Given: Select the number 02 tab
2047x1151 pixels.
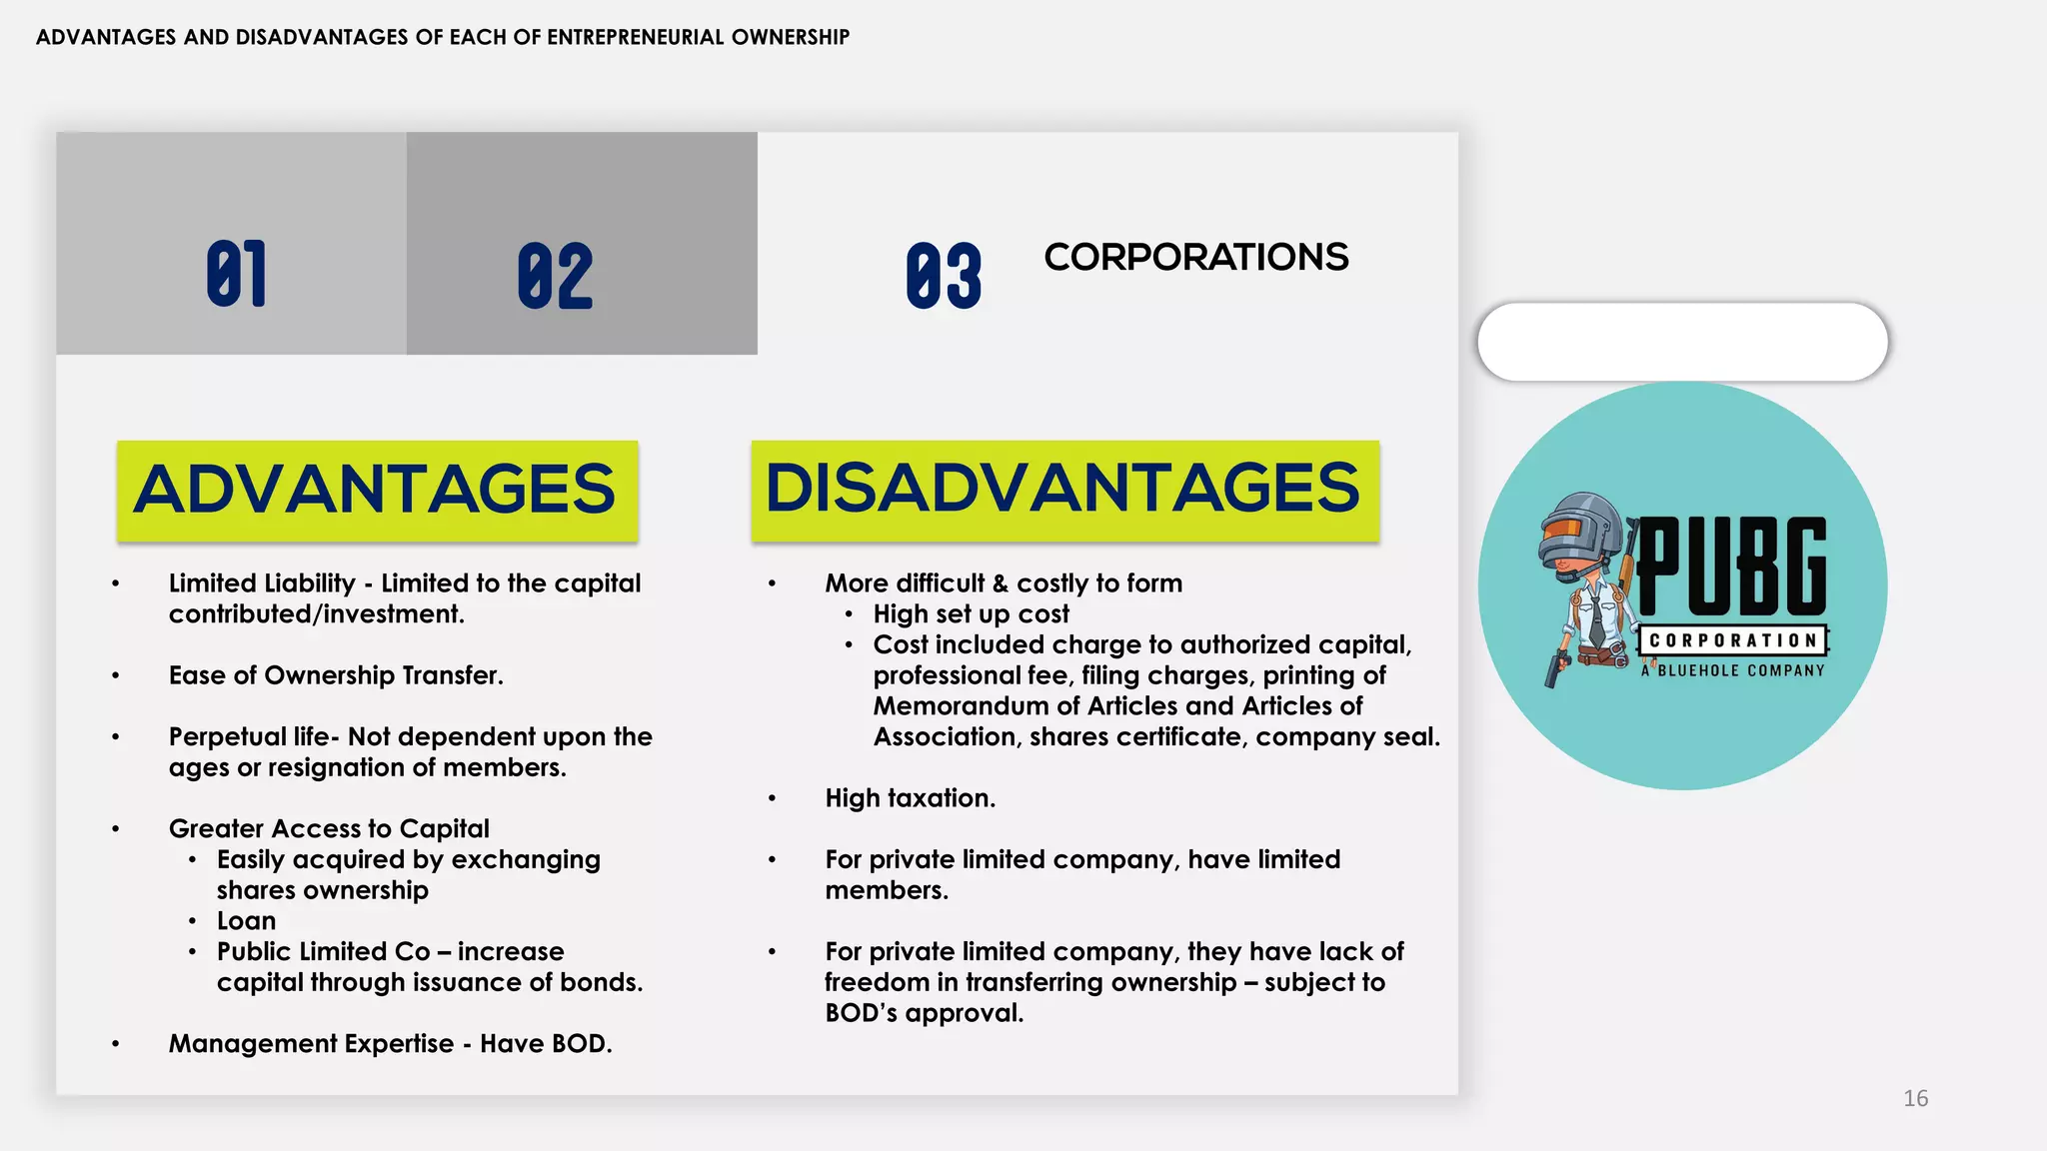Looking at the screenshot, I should pyautogui.click(x=555, y=276).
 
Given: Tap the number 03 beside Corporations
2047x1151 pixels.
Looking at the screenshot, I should pyautogui.click(x=944, y=276).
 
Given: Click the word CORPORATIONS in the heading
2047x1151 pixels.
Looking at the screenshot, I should pyautogui.click(x=1195, y=258).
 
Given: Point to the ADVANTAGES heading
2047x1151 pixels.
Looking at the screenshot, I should pyautogui.click(x=376, y=490).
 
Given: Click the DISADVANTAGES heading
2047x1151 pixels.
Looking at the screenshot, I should pyautogui.click(x=1063, y=489).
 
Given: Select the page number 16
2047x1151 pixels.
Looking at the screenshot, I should pyautogui.click(x=1915, y=1099).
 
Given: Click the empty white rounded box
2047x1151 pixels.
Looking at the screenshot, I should pyautogui.click(x=1682, y=342).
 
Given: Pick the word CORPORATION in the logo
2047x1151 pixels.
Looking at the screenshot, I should pyautogui.click(x=1732, y=640).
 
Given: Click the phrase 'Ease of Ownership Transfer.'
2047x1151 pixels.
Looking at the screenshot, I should pyautogui.click(x=336, y=675).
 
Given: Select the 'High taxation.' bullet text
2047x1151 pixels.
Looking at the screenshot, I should pyautogui.click(x=910, y=798).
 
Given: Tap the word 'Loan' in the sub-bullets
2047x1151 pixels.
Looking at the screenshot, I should pyautogui.click(x=246, y=921).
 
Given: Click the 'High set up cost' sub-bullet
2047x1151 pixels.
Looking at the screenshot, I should pyautogui.click(x=971, y=614).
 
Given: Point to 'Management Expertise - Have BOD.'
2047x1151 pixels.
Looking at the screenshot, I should pyautogui.click(x=390, y=1044).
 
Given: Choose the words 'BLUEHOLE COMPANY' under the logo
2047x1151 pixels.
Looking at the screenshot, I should pyautogui.click(x=1741, y=671).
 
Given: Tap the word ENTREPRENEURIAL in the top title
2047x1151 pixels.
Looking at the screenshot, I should pyautogui.click(x=635, y=38).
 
